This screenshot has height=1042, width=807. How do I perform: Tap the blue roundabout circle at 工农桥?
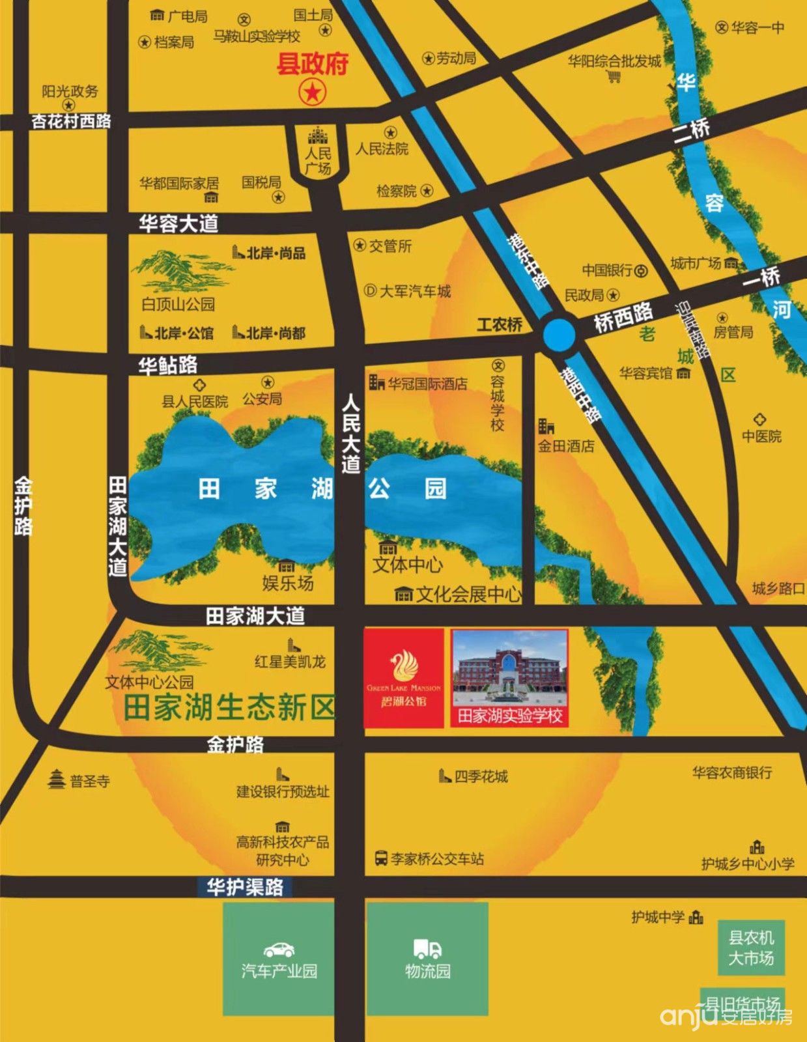(559, 334)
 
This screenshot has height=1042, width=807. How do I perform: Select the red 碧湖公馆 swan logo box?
(404, 678)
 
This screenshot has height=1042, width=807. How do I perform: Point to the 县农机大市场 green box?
(751, 948)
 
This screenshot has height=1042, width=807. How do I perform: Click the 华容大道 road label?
(178, 224)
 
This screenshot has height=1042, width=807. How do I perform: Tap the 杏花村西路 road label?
(72, 121)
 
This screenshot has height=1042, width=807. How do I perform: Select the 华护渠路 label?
(245, 887)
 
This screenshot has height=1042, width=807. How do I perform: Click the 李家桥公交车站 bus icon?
(382, 858)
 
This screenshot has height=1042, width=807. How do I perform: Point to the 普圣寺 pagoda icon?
(57, 779)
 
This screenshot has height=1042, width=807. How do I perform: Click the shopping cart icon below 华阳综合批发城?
(614, 77)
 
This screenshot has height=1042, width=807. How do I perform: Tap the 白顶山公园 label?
(178, 304)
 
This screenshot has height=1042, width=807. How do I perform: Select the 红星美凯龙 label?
(290, 662)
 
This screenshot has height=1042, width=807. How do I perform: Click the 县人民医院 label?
(195, 401)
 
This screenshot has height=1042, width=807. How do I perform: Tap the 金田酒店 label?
(566, 446)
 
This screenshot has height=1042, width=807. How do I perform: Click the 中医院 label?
(761, 436)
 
